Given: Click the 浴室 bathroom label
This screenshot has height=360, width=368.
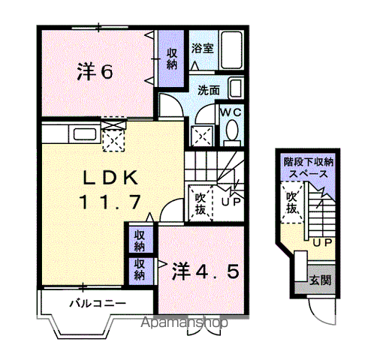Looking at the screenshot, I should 202,49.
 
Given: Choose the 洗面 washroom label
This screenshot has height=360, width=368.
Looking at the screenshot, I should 209,89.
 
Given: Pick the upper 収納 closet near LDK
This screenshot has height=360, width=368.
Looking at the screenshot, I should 140,240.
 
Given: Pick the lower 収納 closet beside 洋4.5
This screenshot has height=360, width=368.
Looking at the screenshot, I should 140,269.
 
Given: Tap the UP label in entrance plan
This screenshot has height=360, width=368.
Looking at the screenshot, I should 322,243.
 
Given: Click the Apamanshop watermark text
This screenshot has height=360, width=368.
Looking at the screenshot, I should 184,323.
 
